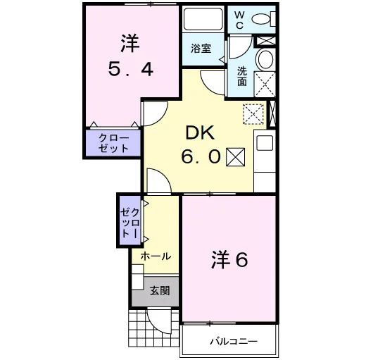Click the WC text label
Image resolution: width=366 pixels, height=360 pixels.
click(x=239, y=20)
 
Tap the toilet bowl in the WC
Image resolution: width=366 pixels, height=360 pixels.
click(x=261, y=19)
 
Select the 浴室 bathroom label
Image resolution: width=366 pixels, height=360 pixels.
click(x=201, y=49)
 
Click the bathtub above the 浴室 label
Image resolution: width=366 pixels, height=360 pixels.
click(x=203, y=19)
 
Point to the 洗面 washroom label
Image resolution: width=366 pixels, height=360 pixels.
click(x=242, y=76)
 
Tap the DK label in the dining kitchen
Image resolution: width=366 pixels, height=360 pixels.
click(x=200, y=133)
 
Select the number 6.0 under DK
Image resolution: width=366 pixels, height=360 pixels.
click(x=201, y=156)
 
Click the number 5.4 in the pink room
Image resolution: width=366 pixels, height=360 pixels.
click(x=131, y=70)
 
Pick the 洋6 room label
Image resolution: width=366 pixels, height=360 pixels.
click(x=229, y=260)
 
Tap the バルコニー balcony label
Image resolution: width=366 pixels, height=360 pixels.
click(x=234, y=341)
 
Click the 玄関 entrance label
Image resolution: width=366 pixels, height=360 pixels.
click(x=160, y=291)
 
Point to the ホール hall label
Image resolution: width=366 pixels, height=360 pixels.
click(x=156, y=256)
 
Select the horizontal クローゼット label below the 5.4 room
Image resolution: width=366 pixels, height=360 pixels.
click(x=113, y=143)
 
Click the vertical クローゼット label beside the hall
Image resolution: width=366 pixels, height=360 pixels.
click(x=130, y=223)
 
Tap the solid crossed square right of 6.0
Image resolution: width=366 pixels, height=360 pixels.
click(x=235, y=157)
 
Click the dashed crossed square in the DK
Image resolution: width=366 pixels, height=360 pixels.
click(x=253, y=114)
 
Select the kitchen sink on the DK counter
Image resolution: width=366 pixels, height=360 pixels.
click(x=265, y=143)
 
